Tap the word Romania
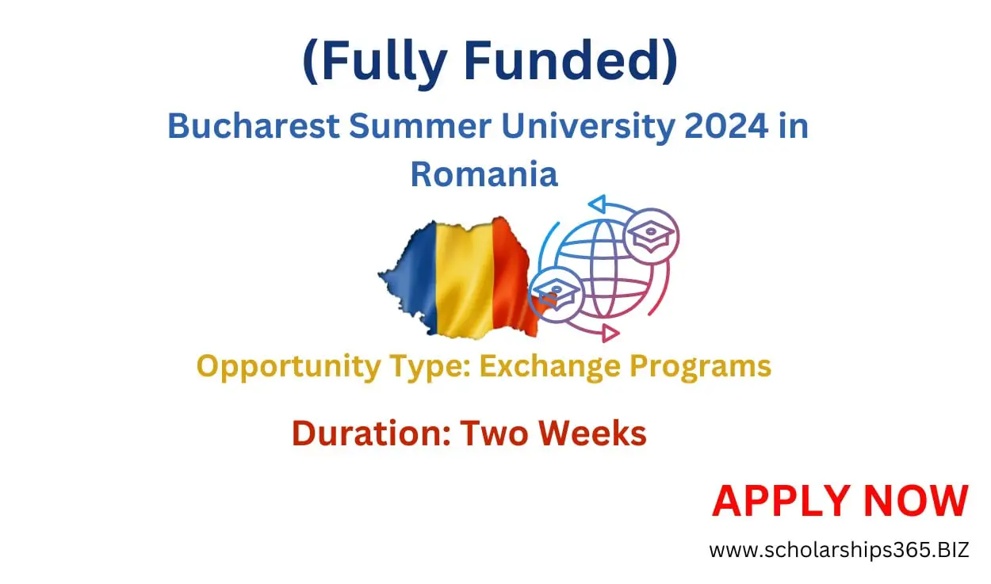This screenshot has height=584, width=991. click(x=484, y=174)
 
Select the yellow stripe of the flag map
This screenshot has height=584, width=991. click(x=464, y=273)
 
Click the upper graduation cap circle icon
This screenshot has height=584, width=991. click(x=651, y=236)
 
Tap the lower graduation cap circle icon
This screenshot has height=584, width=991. click(x=556, y=293)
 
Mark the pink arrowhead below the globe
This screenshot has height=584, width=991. click(x=608, y=333)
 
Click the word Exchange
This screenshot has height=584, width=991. click(x=543, y=366)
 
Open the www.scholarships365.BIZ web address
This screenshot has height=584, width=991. click(x=839, y=549)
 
